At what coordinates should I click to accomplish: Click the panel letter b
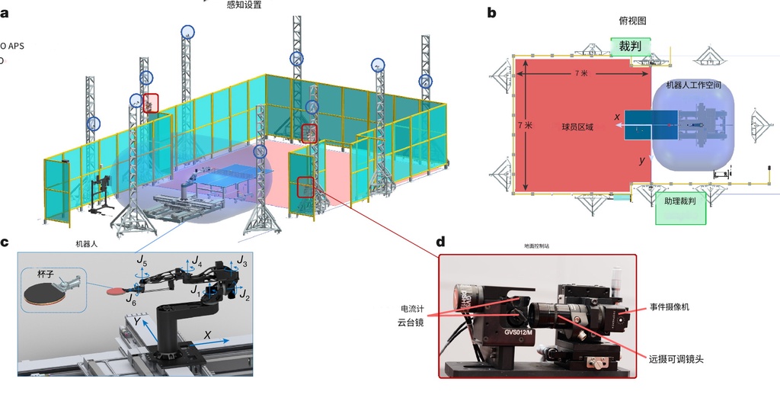pos(491,12)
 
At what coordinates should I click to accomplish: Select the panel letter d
pos(440,242)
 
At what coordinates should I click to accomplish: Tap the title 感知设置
pos(244,5)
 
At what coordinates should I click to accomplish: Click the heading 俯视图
pos(633,22)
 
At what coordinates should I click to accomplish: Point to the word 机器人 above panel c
pos(88,245)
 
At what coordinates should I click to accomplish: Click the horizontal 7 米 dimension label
pos(582,73)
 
